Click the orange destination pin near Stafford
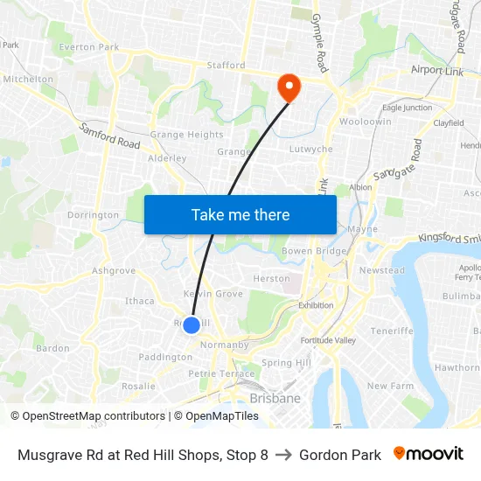(x=288, y=86)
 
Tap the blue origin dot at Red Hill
(x=192, y=325)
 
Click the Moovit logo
(x=429, y=454)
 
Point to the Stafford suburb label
(x=226, y=65)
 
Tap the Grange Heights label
(x=186, y=135)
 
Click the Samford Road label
(x=109, y=136)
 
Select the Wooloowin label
(x=365, y=122)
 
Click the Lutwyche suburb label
(x=310, y=150)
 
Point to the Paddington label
(x=164, y=357)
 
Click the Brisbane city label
(x=275, y=399)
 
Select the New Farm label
(x=389, y=386)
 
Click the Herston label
(x=271, y=278)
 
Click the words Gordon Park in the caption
(x=340, y=455)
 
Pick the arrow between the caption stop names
(x=283, y=455)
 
